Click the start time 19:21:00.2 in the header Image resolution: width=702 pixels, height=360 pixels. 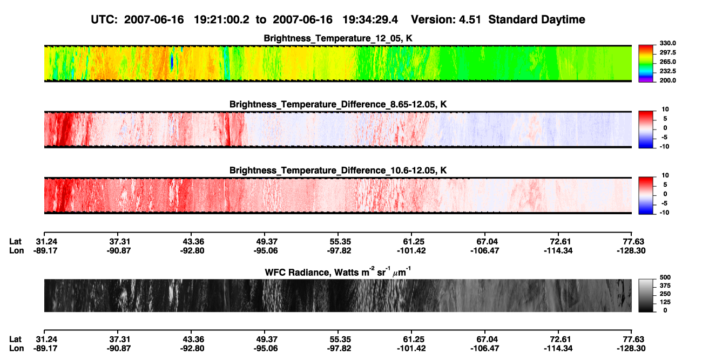(x=221, y=19)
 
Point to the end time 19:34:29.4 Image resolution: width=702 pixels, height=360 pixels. (x=370, y=19)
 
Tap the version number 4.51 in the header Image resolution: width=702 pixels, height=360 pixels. (x=470, y=19)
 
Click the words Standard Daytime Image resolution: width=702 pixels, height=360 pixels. (x=537, y=19)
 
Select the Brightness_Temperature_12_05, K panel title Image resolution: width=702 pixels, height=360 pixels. (x=338, y=38)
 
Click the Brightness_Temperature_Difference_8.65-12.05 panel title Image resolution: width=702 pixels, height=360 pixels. (x=338, y=104)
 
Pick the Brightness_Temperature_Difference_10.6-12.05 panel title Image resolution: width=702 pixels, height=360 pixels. (x=338, y=171)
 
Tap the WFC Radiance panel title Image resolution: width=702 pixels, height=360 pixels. (x=338, y=272)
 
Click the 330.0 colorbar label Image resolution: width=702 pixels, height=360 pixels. (x=667, y=43)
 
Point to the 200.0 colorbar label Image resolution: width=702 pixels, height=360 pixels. (x=667, y=80)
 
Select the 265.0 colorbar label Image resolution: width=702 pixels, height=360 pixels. (x=667, y=62)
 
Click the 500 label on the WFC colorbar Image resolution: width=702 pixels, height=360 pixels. (x=665, y=277)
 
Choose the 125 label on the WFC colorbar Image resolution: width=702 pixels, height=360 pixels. (x=665, y=302)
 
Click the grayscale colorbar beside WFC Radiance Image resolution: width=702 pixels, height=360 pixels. (x=646, y=295)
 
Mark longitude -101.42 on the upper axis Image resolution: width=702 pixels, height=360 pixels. (x=411, y=250)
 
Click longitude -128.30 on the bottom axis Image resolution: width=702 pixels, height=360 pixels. (x=631, y=349)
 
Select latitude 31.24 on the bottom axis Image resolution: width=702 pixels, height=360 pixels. (x=46, y=339)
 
